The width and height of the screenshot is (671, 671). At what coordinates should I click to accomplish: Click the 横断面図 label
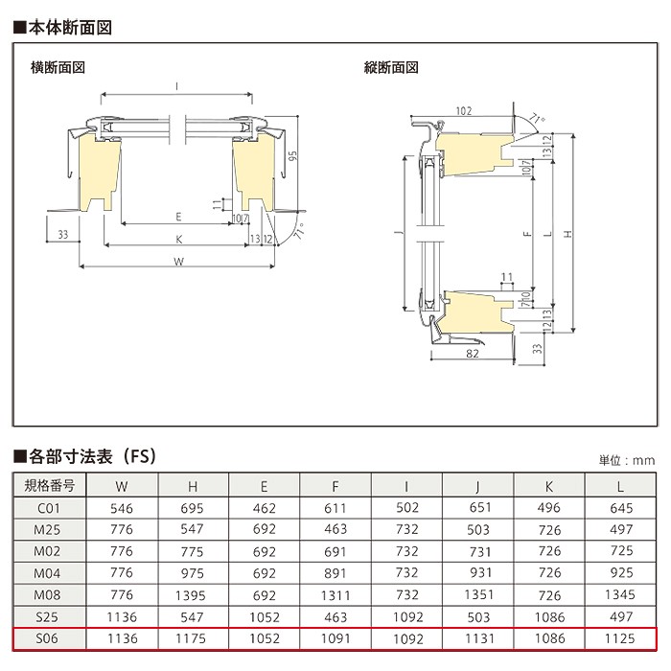coord(58,68)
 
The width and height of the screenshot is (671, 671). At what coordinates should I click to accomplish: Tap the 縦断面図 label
coord(391,68)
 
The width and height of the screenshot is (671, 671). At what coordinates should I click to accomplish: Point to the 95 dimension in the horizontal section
coord(292,155)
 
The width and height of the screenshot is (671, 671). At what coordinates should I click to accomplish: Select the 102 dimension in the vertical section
coord(463,111)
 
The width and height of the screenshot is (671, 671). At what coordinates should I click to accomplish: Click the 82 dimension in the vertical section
coord(472,354)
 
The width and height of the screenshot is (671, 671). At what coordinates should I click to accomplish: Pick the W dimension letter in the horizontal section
coord(179,262)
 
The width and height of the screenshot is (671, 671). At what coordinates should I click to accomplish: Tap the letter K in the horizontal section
coord(179,240)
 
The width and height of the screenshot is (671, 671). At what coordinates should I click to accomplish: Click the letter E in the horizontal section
coord(178,217)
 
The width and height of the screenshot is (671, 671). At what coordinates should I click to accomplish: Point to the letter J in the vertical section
coord(399,232)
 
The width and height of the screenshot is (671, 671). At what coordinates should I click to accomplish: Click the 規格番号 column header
coord(49,486)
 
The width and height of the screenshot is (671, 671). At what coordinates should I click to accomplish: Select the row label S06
coord(47,638)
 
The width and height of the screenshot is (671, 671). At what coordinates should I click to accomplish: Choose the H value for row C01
coord(192,508)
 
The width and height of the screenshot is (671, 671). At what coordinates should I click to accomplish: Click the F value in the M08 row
coord(335,595)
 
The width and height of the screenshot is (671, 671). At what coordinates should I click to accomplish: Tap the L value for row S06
coord(620,638)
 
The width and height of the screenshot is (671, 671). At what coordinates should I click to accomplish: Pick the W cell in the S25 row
coord(122,617)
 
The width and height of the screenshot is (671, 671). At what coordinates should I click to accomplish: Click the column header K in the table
coord(549,487)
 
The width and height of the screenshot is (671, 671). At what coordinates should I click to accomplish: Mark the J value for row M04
coord(480,573)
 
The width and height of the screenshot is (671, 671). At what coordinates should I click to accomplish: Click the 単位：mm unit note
coord(627,460)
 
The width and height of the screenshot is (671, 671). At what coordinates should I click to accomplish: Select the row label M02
coord(47,551)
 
